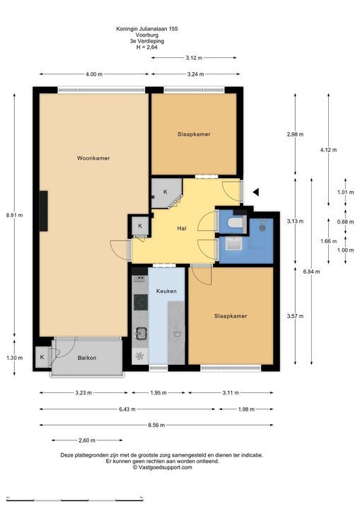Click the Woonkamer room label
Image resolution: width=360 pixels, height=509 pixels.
93,158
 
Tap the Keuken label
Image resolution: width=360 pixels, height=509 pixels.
166,291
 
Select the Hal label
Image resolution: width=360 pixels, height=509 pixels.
182,228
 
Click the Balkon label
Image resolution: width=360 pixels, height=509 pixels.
87,358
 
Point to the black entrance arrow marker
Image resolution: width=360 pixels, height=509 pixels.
256,192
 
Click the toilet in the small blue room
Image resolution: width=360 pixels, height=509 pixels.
236,223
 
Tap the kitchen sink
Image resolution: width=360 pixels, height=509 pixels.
141,334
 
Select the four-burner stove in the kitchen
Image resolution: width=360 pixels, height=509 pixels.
141,303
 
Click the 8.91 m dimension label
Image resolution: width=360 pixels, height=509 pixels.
14,215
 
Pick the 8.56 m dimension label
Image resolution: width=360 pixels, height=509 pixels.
156,425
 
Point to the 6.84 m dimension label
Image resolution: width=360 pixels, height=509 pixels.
311,271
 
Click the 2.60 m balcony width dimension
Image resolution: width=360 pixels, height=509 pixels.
87,440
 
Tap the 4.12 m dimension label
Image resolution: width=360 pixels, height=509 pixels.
328,150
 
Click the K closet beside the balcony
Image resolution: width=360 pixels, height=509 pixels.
42,357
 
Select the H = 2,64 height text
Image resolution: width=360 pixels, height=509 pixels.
147,47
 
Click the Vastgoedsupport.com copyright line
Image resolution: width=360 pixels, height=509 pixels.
162,467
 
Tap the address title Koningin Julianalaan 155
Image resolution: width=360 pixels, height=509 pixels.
147,28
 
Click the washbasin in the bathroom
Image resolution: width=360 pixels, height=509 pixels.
234,243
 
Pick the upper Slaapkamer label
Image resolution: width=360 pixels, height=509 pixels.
194,134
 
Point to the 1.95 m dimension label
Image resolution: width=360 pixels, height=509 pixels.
158,393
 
